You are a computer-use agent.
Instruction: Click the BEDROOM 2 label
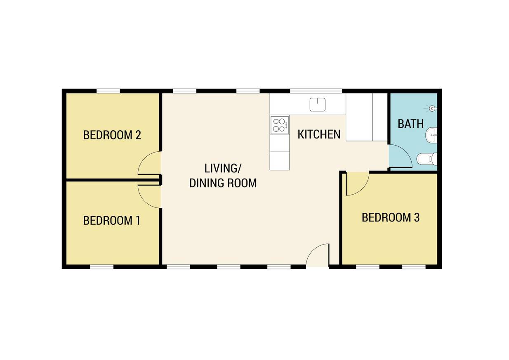(x=112, y=135)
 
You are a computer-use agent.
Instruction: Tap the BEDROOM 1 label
(x=111, y=220)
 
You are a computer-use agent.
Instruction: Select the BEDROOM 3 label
(x=391, y=217)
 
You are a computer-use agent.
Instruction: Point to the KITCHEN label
(x=319, y=134)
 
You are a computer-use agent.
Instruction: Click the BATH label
(x=410, y=124)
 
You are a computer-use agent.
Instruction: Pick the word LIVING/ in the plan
(x=223, y=168)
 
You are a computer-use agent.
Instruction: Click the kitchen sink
(x=318, y=105)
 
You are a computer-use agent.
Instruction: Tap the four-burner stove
(x=280, y=125)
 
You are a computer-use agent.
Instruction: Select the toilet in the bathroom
(x=427, y=159)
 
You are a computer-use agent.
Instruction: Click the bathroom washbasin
(x=431, y=135)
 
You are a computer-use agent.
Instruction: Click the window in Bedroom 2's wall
(x=108, y=91)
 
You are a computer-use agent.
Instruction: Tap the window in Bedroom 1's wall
(x=101, y=267)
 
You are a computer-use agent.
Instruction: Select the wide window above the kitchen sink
(x=316, y=91)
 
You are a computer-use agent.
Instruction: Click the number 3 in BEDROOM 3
(x=417, y=217)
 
